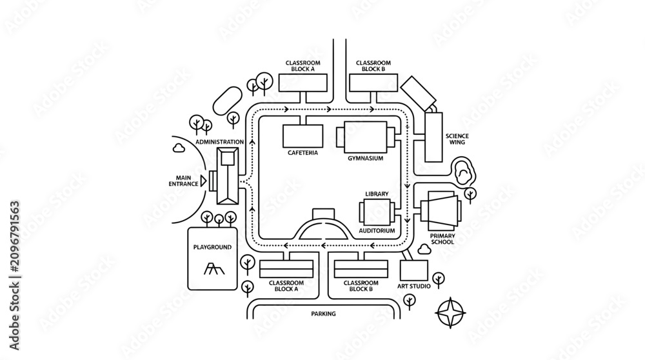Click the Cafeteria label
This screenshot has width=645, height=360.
[303, 153]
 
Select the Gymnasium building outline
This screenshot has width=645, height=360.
[366, 137]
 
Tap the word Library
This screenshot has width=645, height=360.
[377, 194]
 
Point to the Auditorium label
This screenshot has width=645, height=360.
[377, 231]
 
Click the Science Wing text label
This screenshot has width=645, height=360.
[457, 139]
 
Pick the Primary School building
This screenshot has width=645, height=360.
[441, 211]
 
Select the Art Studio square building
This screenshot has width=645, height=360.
[414, 270]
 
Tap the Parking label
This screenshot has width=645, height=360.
[323, 314]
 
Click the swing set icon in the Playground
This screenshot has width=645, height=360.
[214, 268]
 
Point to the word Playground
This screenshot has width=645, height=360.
[212, 247]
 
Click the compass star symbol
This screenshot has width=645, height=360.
[450, 313]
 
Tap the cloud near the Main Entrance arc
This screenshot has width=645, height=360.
[179, 147]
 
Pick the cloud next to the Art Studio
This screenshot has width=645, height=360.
[424, 249]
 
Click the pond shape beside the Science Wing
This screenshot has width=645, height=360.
[464, 172]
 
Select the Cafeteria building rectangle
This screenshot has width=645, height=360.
[303, 135]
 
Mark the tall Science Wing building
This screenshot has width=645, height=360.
[433, 137]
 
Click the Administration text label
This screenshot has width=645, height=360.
[220, 142]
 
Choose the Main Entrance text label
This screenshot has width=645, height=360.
[183, 181]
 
